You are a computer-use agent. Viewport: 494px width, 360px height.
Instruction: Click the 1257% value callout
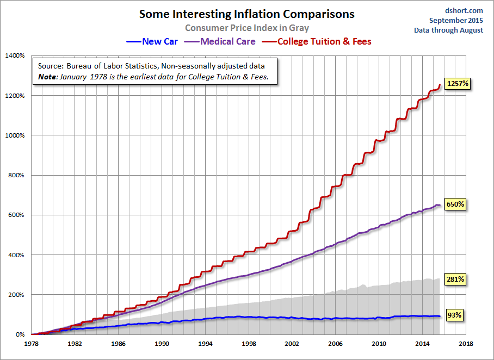458,84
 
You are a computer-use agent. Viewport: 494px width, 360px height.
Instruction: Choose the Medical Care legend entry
221,41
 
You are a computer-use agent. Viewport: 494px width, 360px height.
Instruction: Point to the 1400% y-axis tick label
15,55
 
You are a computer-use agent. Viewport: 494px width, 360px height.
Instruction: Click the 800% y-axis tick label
16,175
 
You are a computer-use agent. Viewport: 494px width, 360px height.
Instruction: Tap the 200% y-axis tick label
16,295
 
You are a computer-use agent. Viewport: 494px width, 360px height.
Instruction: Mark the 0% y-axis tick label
20,334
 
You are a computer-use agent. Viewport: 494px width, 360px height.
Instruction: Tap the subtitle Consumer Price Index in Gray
247,28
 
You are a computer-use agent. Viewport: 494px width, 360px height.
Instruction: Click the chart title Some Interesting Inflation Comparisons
247,14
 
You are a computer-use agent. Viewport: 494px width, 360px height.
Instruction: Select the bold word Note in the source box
47,77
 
